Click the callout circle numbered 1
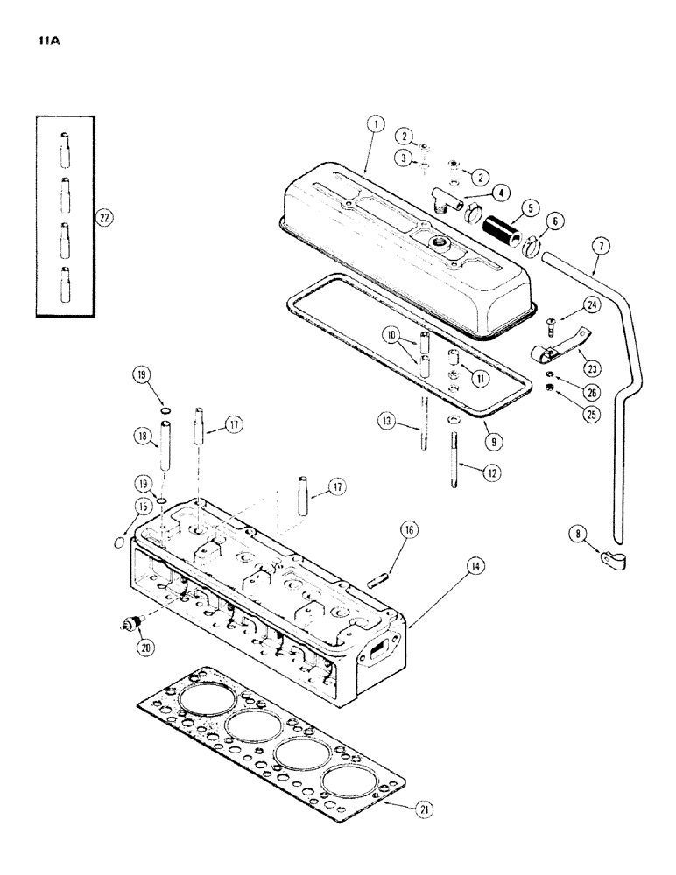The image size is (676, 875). coord(374,125)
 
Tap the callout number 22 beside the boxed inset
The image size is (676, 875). coord(105,219)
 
